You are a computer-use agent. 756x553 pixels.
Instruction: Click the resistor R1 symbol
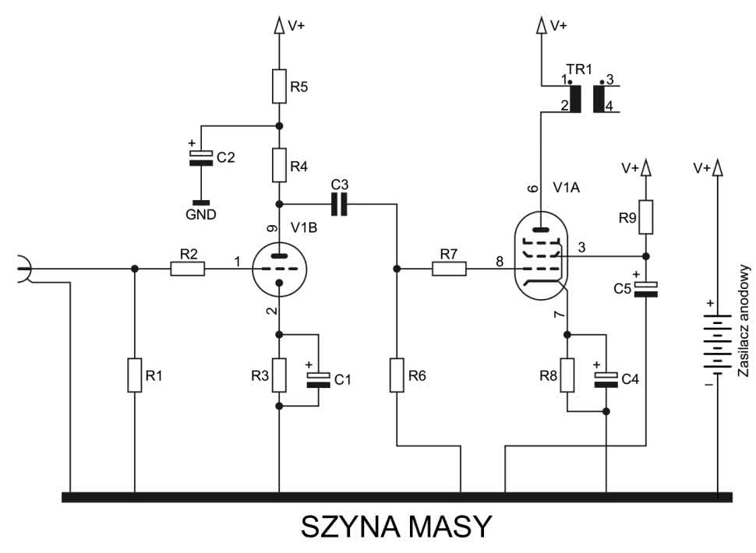tap(134, 376)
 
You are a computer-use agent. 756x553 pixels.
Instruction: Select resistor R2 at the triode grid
tap(188, 269)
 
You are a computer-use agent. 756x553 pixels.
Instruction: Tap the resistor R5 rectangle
tap(279, 86)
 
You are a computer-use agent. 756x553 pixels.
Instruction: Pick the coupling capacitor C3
tap(340, 204)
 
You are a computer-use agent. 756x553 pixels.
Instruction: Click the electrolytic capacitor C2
tap(201, 157)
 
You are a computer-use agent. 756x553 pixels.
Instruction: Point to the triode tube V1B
tap(279, 269)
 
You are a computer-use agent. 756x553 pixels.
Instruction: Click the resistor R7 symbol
tap(449, 269)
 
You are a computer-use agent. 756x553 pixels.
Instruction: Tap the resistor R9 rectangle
tap(646, 219)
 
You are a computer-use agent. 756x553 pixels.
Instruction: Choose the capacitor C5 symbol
tap(646, 289)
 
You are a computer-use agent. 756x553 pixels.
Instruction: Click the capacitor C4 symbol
tap(606, 379)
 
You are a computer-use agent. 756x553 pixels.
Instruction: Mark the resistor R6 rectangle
tap(397, 376)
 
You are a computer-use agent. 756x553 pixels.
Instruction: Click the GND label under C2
tap(201, 214)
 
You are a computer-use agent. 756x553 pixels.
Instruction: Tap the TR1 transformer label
tap(580, 69)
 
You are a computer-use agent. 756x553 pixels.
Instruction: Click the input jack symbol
tap(23, 269)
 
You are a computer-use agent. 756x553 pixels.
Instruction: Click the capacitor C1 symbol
tap(320, 379)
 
